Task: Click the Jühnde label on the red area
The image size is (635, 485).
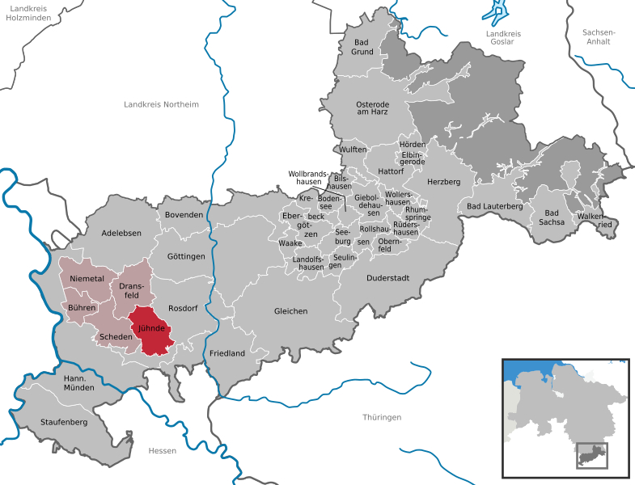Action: coord(151,328)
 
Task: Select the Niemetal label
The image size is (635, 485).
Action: coord(87,278)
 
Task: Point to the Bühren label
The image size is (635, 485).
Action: coord(83,308)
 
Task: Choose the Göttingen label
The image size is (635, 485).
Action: coord(186,256)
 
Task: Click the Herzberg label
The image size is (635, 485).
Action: coord(443,182)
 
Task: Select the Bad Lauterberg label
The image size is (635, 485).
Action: coord(495,206)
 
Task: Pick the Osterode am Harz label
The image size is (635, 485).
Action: coord(373,108)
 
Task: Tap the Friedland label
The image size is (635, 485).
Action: coord(227,353)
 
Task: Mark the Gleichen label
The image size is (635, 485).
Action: coord(290,311)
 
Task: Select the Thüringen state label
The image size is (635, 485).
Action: coord(382,417)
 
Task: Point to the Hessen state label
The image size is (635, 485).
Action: coord(162,450)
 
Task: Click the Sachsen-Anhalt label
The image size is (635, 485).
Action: coord(599,37)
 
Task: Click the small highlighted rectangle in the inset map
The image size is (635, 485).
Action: coord(591,455)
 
